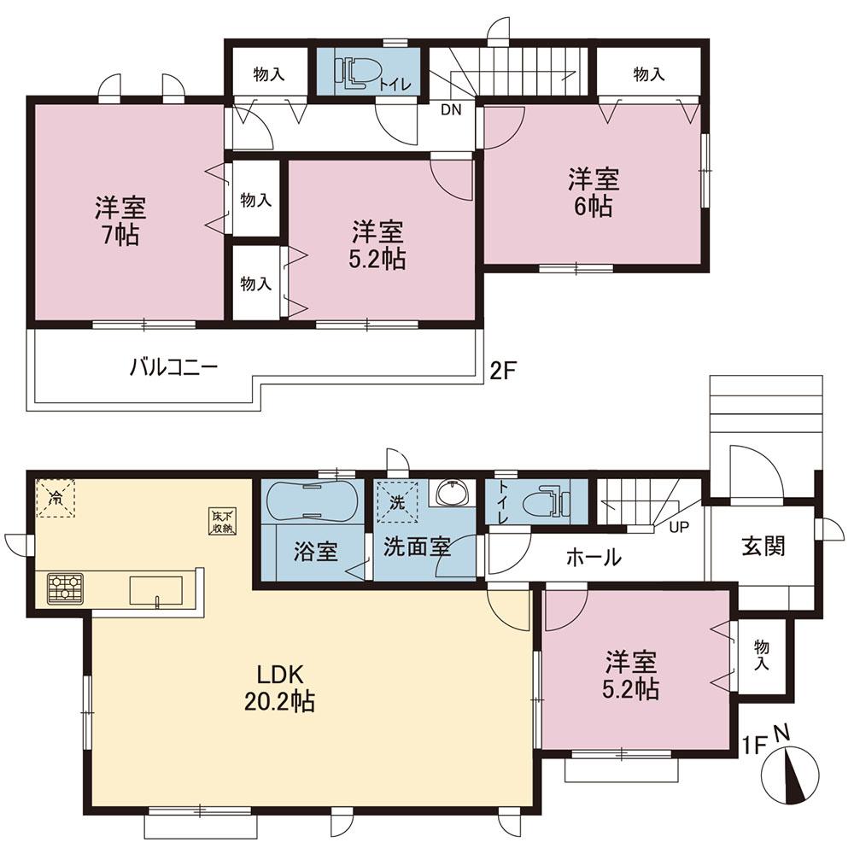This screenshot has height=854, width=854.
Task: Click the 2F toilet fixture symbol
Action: click(x=357, y=72)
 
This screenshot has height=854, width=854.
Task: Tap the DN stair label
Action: click(x=451, y=109)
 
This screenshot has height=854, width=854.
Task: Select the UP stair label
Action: click(x=679, y=527)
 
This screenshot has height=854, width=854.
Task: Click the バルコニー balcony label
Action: click(x=173, y=366)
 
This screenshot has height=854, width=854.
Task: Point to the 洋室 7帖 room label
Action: click(x=120, y=221)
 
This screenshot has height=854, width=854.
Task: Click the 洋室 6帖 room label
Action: click(x=594, y=193)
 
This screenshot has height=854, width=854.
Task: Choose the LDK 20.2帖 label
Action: click(x=279, y=687)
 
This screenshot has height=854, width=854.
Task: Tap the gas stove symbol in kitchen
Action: click(x=66, y=588)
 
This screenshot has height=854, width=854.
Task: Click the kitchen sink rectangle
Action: click(x=155, y=591)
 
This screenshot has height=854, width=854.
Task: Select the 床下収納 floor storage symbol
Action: click(x=225, y=521)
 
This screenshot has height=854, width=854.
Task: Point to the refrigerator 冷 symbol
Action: click(x=55, y=497)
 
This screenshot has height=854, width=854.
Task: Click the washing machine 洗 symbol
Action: click(x=397, y=501)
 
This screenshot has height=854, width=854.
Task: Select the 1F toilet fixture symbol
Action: click(x=546, y=501)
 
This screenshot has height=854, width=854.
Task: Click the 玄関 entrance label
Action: click(x=763, y=546)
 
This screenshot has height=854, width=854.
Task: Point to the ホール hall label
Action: click(x=594, y=557)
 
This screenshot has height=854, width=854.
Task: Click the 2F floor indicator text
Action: click(x=503, y=371)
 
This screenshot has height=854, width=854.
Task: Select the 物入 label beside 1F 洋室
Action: click(x=762, y=655)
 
